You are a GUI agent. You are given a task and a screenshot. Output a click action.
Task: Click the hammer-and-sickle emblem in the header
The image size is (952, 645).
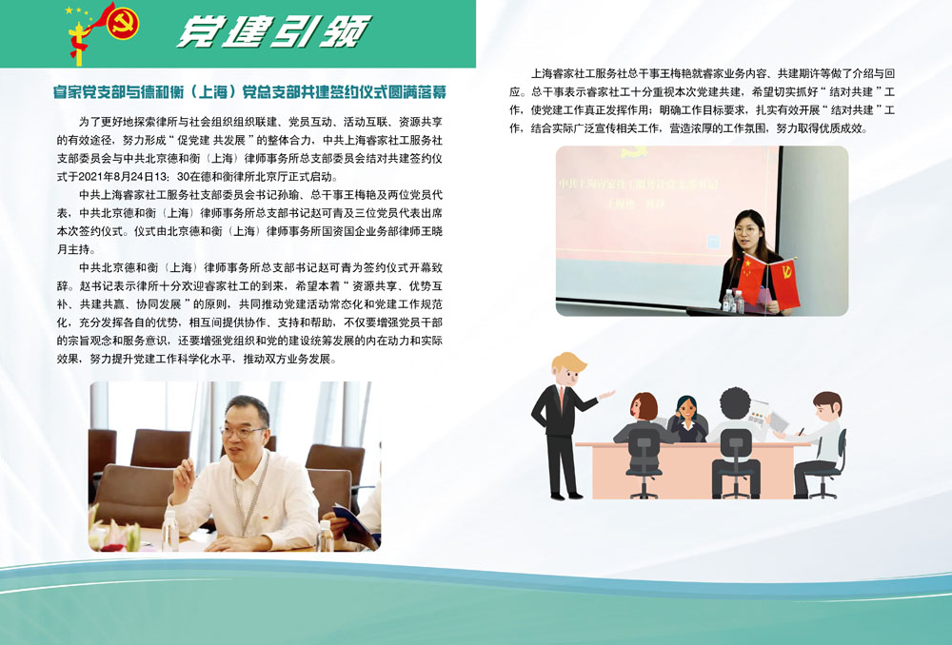[x=123, y=23]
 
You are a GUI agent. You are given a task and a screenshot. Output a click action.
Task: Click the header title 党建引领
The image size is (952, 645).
[x=273, y=31]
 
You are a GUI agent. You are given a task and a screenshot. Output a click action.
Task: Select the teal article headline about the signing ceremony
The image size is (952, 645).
[x=249, y=91]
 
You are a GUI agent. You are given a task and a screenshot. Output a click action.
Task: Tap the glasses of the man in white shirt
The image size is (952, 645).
[x=242, y=432]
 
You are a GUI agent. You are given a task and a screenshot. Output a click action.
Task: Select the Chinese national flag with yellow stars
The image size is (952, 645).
[x=752, y=278]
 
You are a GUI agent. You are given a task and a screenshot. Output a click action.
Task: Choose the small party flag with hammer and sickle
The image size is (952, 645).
[x=783, y=283]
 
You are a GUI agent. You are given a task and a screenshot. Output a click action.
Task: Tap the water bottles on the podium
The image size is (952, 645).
[x=733, y=302]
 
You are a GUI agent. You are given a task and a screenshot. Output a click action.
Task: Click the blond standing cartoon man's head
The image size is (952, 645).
[x=567, y=369]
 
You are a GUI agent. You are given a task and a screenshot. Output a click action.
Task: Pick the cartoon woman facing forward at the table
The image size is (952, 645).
[x=687, y=419]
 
